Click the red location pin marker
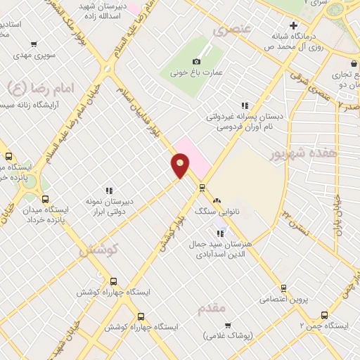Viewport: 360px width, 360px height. tap(180, 165)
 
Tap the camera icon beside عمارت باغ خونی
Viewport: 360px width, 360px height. tap(196, 61)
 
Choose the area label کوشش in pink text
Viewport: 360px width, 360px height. tap(98, 249)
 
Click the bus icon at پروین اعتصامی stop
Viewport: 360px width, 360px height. tap(283, 288)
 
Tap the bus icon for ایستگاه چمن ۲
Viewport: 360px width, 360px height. tap(324, 315)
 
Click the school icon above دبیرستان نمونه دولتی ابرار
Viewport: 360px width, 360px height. tap(109, 191)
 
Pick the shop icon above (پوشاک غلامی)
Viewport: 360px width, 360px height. tap(228, 325)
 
